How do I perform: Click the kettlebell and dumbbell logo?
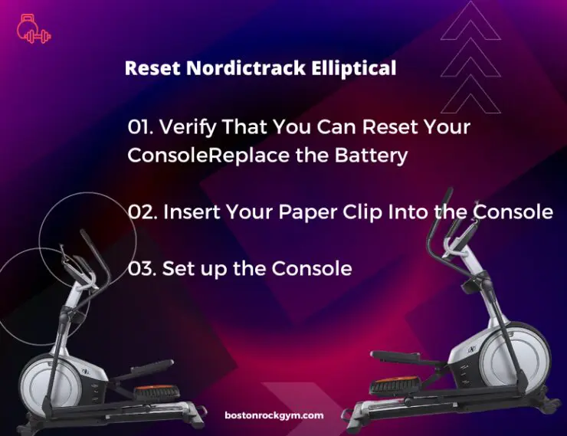coord(34,29)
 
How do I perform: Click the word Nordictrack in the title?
coord(246,67)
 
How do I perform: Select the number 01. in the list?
coord(141,127)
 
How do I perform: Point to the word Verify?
coord(188,127)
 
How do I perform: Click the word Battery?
coord(371,156)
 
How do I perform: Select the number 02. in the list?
coord(143,212)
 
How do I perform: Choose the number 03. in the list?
coord(142,269)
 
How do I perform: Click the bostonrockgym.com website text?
coord(274,415)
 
